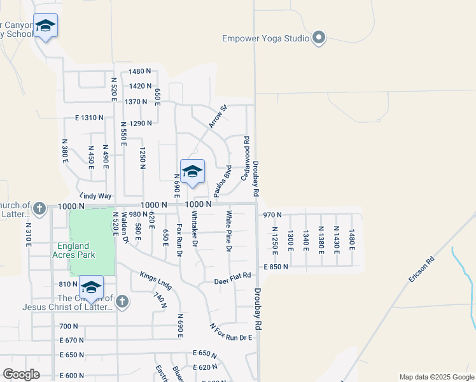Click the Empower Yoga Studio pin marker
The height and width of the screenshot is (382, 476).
[319, 38]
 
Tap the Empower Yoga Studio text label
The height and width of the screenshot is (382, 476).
[265, 38]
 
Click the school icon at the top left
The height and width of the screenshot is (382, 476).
[45, 26]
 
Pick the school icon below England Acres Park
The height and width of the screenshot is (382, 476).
[92, 287]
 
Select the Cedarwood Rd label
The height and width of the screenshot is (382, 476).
[245, 157]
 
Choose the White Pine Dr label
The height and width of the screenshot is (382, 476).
[228, 231]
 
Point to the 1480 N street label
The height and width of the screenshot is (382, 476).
[139, 72]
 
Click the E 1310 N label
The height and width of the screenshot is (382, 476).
[88, 118]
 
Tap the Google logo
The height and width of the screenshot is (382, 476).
[21, 374]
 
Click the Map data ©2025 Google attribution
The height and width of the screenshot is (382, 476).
[437, 377]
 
